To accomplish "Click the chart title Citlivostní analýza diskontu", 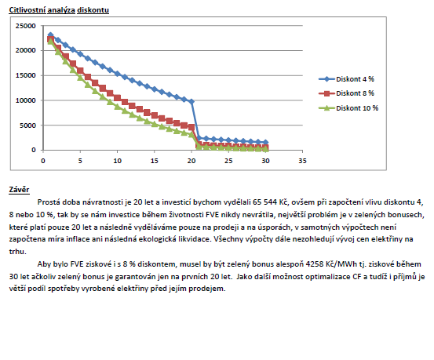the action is [x=59, y=10].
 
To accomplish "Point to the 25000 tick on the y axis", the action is [x=25, y=26].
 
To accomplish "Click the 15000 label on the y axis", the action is [x=25, y=75].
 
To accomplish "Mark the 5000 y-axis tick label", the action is [x=27, y=125].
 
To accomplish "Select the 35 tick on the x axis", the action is [x=302, y=161].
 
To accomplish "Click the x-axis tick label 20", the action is [x=191, y=161].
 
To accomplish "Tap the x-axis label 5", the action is [x=80, y=161].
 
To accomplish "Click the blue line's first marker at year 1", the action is [x=50, y=35].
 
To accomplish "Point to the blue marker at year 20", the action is [x=191, y=102].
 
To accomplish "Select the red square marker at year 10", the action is [x=117, y=98].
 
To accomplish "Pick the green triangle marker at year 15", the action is [x=154, y=124].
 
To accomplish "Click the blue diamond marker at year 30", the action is [x=265, y=142].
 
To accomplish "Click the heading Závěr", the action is [x=19, y=190].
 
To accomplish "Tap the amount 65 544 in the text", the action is [x=264, y=202].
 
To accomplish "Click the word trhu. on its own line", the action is [x=17, y=252].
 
